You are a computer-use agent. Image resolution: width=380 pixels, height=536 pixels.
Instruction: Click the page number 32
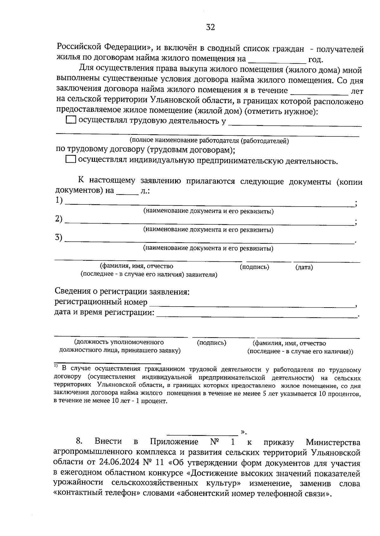[x=210, y=28]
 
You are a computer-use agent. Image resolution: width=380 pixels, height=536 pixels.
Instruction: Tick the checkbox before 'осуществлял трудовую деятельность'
[x=71, y=120]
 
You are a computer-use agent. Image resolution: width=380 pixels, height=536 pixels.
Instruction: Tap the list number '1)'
[x=59, y=201]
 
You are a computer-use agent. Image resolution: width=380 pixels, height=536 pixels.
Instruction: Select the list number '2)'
[x=59, y=219]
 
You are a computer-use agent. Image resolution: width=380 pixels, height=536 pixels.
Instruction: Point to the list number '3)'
[x=59, y=238]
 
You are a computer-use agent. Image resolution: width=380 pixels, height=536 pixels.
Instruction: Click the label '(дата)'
[x=304, y=267]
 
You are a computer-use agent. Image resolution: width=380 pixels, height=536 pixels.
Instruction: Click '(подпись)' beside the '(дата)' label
[x=254, y=267]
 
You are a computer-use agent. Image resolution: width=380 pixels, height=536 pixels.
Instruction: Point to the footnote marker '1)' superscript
[x=56, y=366]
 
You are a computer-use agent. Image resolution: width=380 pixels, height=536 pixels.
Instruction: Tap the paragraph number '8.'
[x=79, y=442]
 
